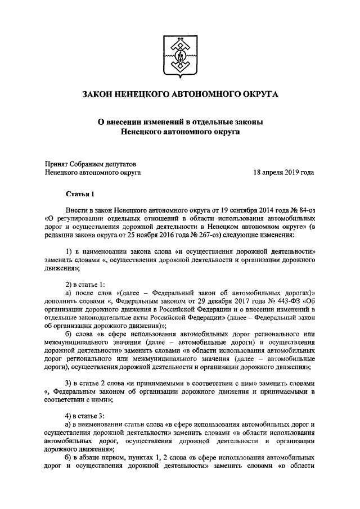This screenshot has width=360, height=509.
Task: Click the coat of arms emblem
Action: [x=179, y=53]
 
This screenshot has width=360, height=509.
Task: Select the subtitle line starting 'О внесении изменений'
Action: [x=179, y=122]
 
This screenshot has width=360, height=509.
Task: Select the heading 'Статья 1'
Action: [x=81, y=195]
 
